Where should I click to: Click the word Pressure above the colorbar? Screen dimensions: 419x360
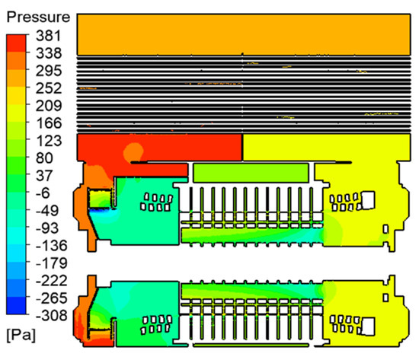38,18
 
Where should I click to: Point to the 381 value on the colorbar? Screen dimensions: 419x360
49,36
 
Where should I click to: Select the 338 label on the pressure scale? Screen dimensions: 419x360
49,53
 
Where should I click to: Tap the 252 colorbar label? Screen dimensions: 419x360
49,88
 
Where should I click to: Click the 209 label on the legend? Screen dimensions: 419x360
49,106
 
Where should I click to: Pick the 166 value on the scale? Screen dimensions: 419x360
49,123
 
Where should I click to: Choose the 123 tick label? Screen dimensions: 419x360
49,141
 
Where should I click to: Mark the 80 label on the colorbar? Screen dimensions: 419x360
44,158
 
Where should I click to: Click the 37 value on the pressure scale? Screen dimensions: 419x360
44,176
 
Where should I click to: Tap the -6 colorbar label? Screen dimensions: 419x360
43,193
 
